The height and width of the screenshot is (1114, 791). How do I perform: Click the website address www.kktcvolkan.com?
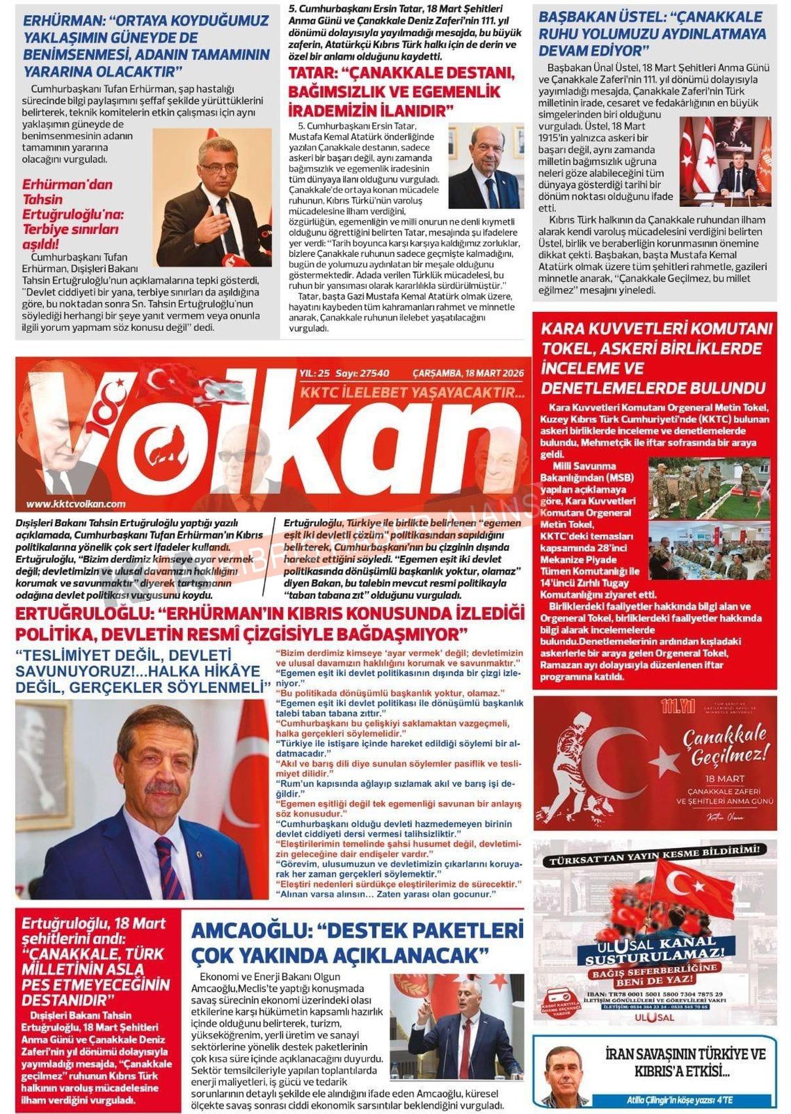76,504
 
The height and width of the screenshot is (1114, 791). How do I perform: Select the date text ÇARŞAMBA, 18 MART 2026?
468,374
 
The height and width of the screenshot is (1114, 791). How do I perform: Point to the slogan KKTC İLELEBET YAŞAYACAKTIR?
412,393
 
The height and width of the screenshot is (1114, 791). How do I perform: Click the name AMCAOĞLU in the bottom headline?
249,931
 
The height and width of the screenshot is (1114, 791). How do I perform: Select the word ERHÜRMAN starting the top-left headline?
58,21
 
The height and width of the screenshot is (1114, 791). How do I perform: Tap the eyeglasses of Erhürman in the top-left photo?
218,168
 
